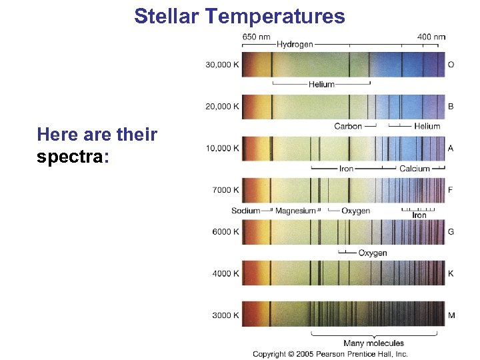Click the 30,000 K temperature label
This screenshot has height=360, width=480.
pyautogui.click(x=222, y=65)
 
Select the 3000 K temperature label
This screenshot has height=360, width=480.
pyautogui.click(x=225, y=315)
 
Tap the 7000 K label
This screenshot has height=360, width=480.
pyautogui.click(x=225, y=190)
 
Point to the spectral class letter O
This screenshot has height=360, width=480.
pyautogui.click(x=451, y=65)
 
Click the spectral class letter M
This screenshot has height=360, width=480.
pyautogui.click(x=451, y=315)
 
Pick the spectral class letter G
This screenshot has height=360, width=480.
pyautogui.click(x=451, y=232)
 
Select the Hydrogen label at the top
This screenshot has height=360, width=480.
pyautogui.click(x=295, y=44)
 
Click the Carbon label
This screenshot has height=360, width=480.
pyautogui.click(x=348, y=126)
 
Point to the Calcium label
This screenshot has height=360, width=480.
pyautogui.click(x=414, y=169)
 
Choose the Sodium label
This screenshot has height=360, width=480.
pyautogui.click(x=245, y=211)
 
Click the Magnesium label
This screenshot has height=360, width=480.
pyautogui.click(x=295, y=211)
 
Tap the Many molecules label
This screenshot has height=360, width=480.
pyautogui.click(x=373, y=343)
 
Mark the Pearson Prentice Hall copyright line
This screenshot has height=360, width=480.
pyautogui.click(x=330, y=354)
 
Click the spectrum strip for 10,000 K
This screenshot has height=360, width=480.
pyautogui.click(x=343, y=148)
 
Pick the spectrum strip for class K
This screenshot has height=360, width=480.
pyautogui.click(x=343, y=273)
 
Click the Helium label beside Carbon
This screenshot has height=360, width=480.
pyautogui.click(x=427, y=126)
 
